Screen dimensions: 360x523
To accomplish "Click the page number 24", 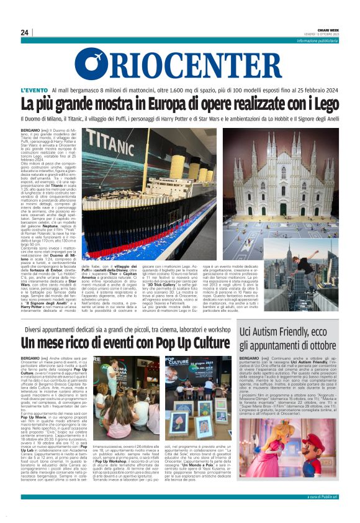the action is tap(25, 32).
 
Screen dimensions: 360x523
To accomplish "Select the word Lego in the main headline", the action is tap(321, 104).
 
